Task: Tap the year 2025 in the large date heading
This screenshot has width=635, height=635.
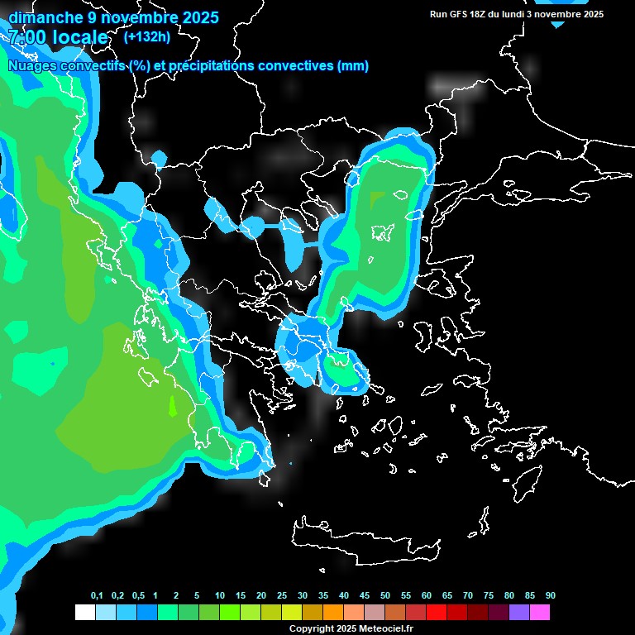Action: point(195,17)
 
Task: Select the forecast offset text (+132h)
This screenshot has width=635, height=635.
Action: point(147,36)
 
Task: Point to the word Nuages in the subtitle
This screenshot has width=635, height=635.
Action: point(33,66)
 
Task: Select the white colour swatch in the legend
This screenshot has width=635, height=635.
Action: point(84,613)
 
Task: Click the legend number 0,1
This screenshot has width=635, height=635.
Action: point(97,596)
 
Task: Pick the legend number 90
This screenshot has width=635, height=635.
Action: point(551,596)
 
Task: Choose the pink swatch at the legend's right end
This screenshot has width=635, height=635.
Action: point(539,613)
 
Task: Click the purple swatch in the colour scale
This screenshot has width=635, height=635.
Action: point(518,613)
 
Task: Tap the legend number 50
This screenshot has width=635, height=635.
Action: point(385,596)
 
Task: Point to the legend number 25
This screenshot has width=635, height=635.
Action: point(282,596)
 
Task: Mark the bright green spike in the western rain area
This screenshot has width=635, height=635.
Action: point(172,405)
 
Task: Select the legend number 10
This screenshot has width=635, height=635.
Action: point(220,596)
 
